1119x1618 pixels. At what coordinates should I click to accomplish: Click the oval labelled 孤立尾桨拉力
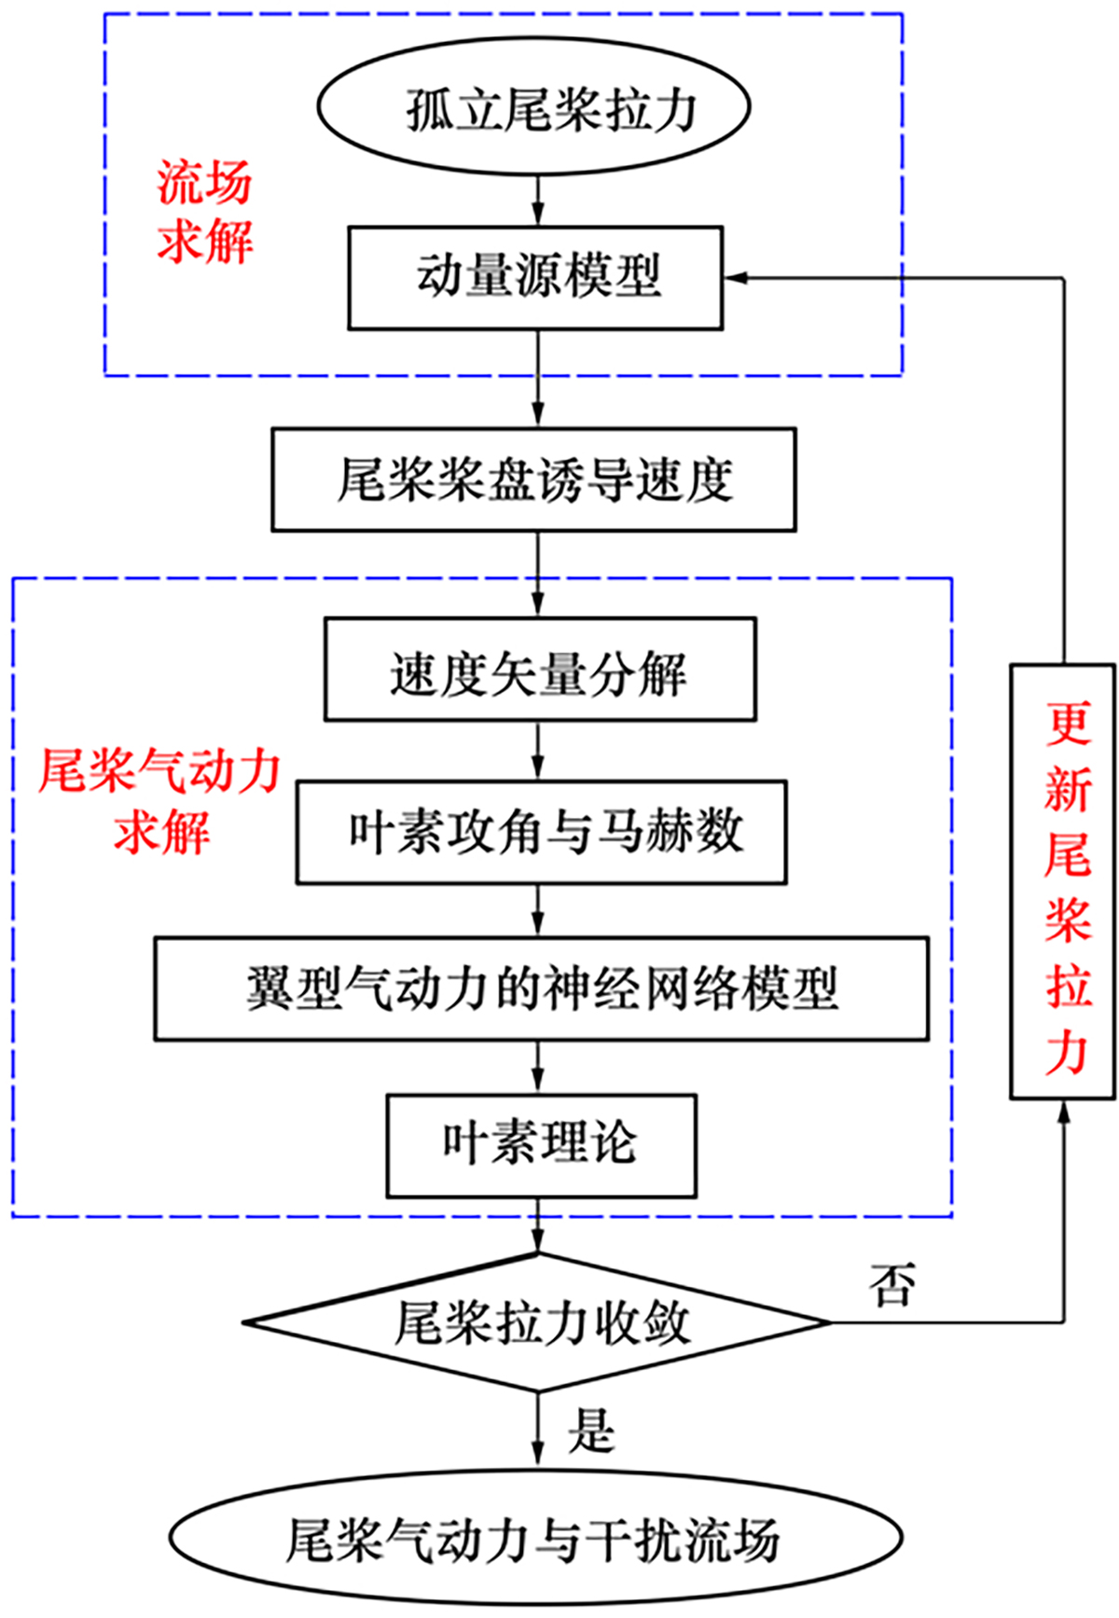(x=534, y=107)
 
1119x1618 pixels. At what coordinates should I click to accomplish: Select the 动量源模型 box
(x=535, y=278)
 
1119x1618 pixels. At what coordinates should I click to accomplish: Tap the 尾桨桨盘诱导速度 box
(x=533, y=480)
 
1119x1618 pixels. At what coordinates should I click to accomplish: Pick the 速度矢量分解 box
(x=540, y=670)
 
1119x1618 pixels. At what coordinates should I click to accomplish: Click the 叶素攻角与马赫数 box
(x=542, y=832)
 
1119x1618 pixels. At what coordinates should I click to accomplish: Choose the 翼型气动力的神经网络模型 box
(x=542, y=989)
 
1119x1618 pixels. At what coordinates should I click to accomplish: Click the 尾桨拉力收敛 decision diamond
(x=537, y=1322)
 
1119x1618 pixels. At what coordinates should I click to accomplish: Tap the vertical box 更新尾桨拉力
(x=1063, y=881)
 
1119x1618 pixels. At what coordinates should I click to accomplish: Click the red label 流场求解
(x=204, y=212)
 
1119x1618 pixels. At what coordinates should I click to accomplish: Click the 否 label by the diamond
(x=891, y=1285)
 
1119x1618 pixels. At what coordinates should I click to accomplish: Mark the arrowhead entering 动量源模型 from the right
(x=736, y=278)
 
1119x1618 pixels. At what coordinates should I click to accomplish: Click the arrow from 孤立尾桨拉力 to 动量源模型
(x=538, y=201)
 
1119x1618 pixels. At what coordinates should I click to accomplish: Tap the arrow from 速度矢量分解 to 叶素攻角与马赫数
(x=538, y=751)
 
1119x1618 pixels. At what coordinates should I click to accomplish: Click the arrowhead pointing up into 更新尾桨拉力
(x=1063, y=1112)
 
